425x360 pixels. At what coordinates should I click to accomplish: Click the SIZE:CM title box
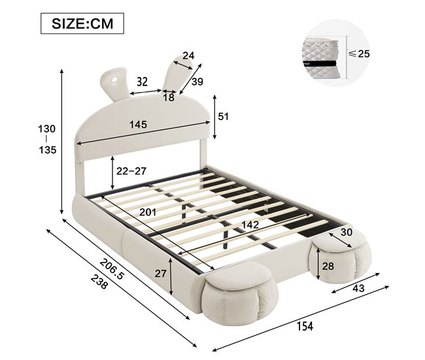(82, 24)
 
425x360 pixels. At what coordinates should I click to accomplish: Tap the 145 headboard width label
(138, 124)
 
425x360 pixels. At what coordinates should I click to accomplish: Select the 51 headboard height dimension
(224, 116)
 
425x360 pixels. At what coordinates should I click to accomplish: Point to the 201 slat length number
(148, 212)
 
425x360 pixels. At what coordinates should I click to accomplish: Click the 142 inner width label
(250, 225)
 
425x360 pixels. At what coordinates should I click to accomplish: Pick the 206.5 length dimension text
(112, 269)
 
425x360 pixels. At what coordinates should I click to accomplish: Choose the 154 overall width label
(305, 326)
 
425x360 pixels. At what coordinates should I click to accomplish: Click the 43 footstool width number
(358, 289)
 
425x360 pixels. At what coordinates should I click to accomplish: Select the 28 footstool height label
(328, 267)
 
